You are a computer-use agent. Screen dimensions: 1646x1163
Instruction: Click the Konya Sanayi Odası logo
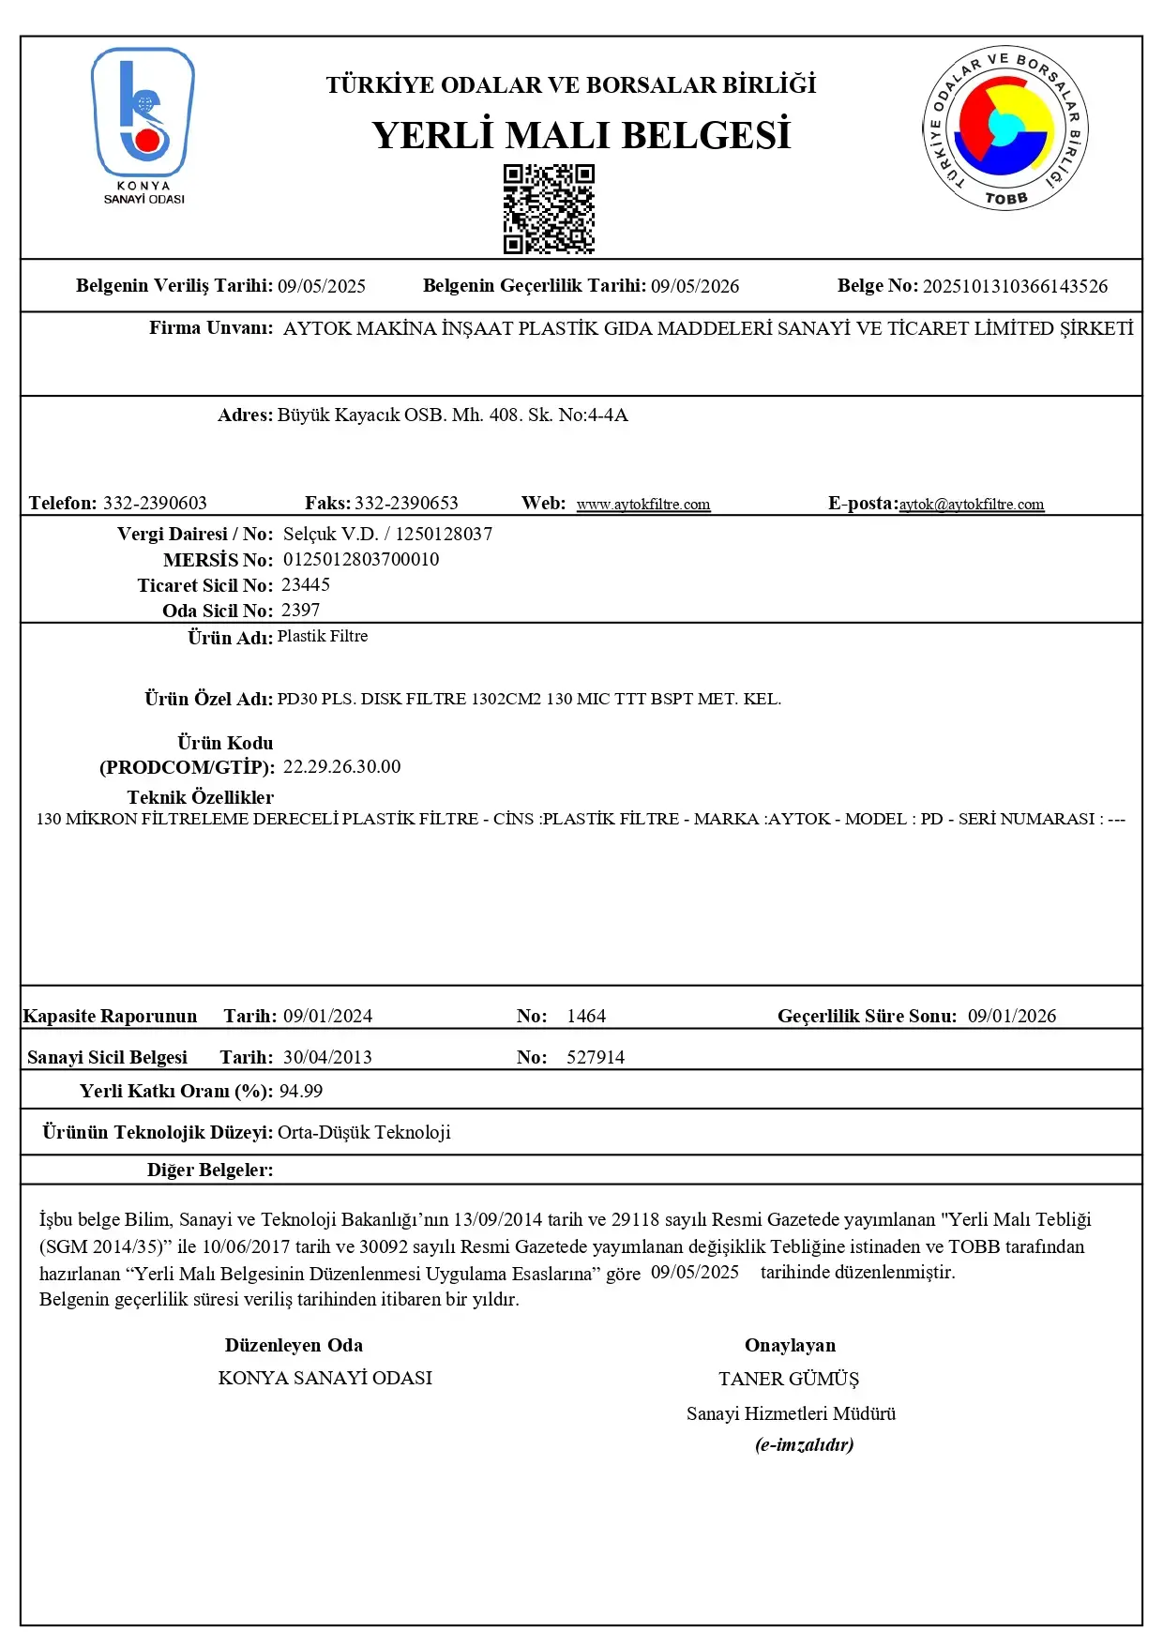tap(143, 124)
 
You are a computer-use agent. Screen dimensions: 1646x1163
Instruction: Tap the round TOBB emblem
tap(1005, 128)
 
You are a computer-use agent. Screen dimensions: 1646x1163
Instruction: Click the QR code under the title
tap(549, 209)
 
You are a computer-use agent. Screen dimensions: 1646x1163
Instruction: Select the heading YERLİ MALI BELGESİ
tap(581, 136)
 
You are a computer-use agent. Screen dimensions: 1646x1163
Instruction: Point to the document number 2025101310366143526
tap(1015, 286)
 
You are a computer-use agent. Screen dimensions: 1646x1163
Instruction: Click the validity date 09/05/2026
tap(695, 286)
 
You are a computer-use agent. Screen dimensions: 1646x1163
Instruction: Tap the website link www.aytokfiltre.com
tap(643, 505)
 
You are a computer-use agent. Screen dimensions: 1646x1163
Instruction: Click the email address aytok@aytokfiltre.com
tap(971, 505)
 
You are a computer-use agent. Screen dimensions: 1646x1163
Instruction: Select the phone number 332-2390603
tap(155, 504)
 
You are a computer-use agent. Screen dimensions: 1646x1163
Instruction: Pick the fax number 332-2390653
tap(406, 504)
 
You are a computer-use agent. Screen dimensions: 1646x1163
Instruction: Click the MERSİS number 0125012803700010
tap(361, 560)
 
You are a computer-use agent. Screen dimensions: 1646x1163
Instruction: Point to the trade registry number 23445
tap(306, 585)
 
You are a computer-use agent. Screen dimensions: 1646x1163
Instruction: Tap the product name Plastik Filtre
tap(323, 637)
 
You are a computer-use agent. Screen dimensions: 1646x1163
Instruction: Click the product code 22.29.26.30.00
tap(341, 767)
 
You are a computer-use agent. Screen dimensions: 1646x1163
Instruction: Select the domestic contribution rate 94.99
tap(301, 1092)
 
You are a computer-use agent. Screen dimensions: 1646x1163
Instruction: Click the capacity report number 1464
tap(586, 1017)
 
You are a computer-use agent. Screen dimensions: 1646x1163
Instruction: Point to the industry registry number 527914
tap(596, 1058)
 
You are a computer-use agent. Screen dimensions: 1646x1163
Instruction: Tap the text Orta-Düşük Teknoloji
tap(364, 1133)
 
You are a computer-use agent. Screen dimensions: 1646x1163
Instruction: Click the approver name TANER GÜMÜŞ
tap(789, 1380)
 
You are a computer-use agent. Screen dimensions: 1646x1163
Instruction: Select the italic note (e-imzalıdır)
tap(805, 1445)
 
